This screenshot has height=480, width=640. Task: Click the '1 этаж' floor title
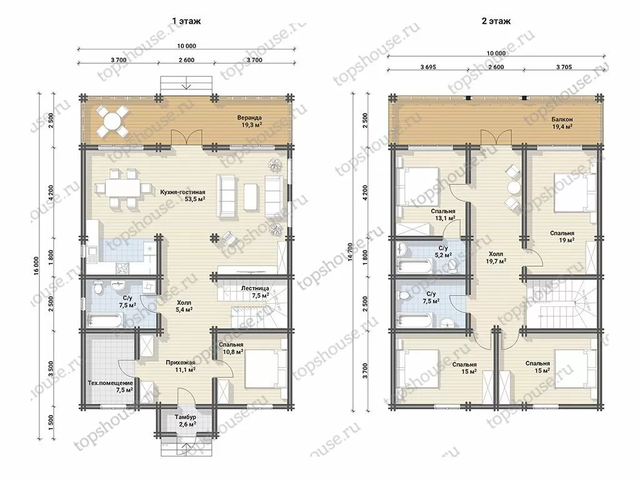pyautogui.click(x=186, y=21)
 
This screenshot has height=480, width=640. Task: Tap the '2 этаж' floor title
pyautogui.click(x=496, y=21)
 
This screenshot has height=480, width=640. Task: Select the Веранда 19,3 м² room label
pyautogui.click(x=249, y=121)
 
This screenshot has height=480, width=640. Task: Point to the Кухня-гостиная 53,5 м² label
pyautogui.click(x=182, y=196)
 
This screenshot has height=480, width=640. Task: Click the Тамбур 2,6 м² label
pyautogui.click(x=185, y=421)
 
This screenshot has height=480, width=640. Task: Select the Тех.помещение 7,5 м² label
pyautogui.click(x=111, y=386)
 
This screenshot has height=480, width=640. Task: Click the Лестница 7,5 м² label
pyautogui.click(x=255, y=291)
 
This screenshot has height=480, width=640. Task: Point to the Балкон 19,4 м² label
pyautogui.click(x=562, y=123)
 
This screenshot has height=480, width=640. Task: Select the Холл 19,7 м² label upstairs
pyautogui.click(x=496, y=257)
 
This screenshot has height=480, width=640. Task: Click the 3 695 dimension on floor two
pyautogui.click(x=427, y=67)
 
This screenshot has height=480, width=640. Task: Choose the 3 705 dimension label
pyautogui.click(x=564, y=67)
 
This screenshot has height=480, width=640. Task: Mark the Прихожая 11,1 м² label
pyautogui.click(x=181, y=366)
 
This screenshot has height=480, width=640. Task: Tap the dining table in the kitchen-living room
pyautogui.click(x=121, y=189)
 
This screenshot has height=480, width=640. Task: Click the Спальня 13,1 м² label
pyautogui.click(x=443, y=215)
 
